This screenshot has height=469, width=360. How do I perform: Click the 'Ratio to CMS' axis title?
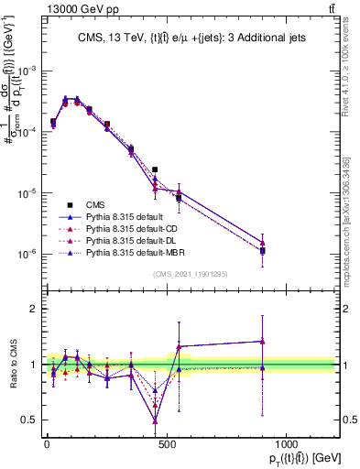(x=12, y=365)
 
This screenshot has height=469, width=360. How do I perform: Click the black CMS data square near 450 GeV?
(x=155, y=169)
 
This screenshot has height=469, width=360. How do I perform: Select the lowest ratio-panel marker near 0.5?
(x=155, y=420)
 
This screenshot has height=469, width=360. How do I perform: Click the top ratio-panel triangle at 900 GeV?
(x=263, y=341)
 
